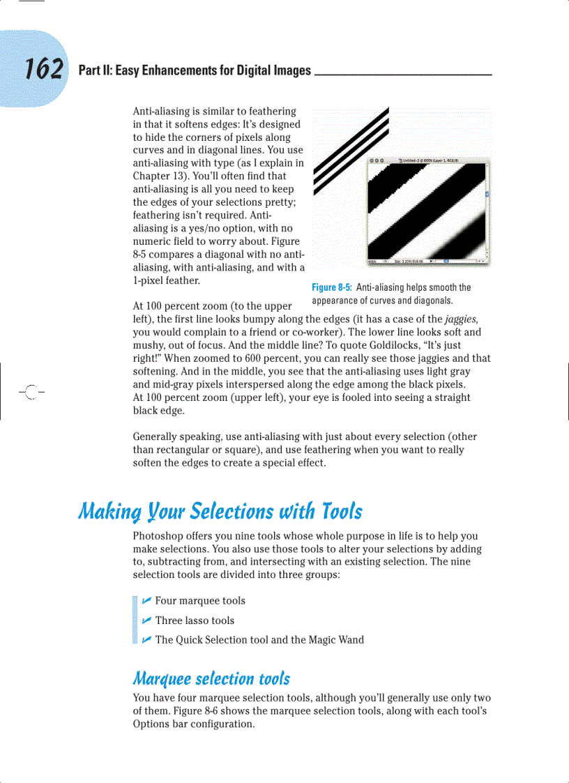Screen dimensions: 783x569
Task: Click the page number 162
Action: click(44, 69)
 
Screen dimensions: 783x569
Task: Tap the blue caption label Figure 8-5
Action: click(333, 287)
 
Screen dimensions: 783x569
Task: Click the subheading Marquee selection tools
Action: click(211, 678)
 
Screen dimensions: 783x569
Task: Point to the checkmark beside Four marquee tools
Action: click(146, 600)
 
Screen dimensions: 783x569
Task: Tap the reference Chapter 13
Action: click(158, 176)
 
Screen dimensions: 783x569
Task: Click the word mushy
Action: click(149, 345)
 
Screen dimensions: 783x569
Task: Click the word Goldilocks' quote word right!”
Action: click(149, 358)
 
